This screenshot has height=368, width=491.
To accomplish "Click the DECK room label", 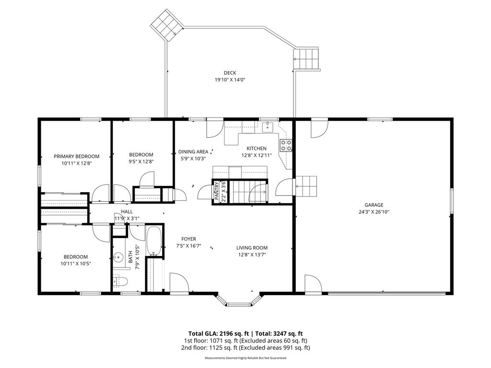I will (230, 73).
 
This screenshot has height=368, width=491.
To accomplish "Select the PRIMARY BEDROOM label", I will (76, 156).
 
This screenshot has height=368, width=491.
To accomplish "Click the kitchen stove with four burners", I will (286, 145).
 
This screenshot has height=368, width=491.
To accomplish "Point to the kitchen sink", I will (268, 127).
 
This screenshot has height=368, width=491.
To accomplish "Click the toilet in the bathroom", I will (120, 280).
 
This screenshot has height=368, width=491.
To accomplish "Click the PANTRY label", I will (217, 191).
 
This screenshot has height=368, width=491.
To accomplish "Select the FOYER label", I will (188, 239).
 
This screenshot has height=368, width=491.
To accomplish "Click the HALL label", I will (127, 211).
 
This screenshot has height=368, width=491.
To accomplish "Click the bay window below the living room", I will (238, 301).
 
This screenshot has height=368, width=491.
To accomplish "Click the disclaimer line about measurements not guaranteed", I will (245, 358).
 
